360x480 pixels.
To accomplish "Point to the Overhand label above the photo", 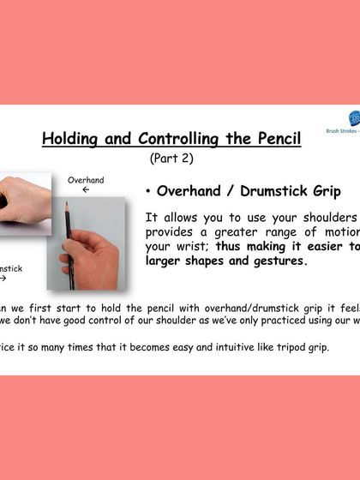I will tap(86, 180).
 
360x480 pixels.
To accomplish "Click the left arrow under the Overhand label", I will tap(86, 190).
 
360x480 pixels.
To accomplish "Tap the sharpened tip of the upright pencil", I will tap(66, 205).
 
